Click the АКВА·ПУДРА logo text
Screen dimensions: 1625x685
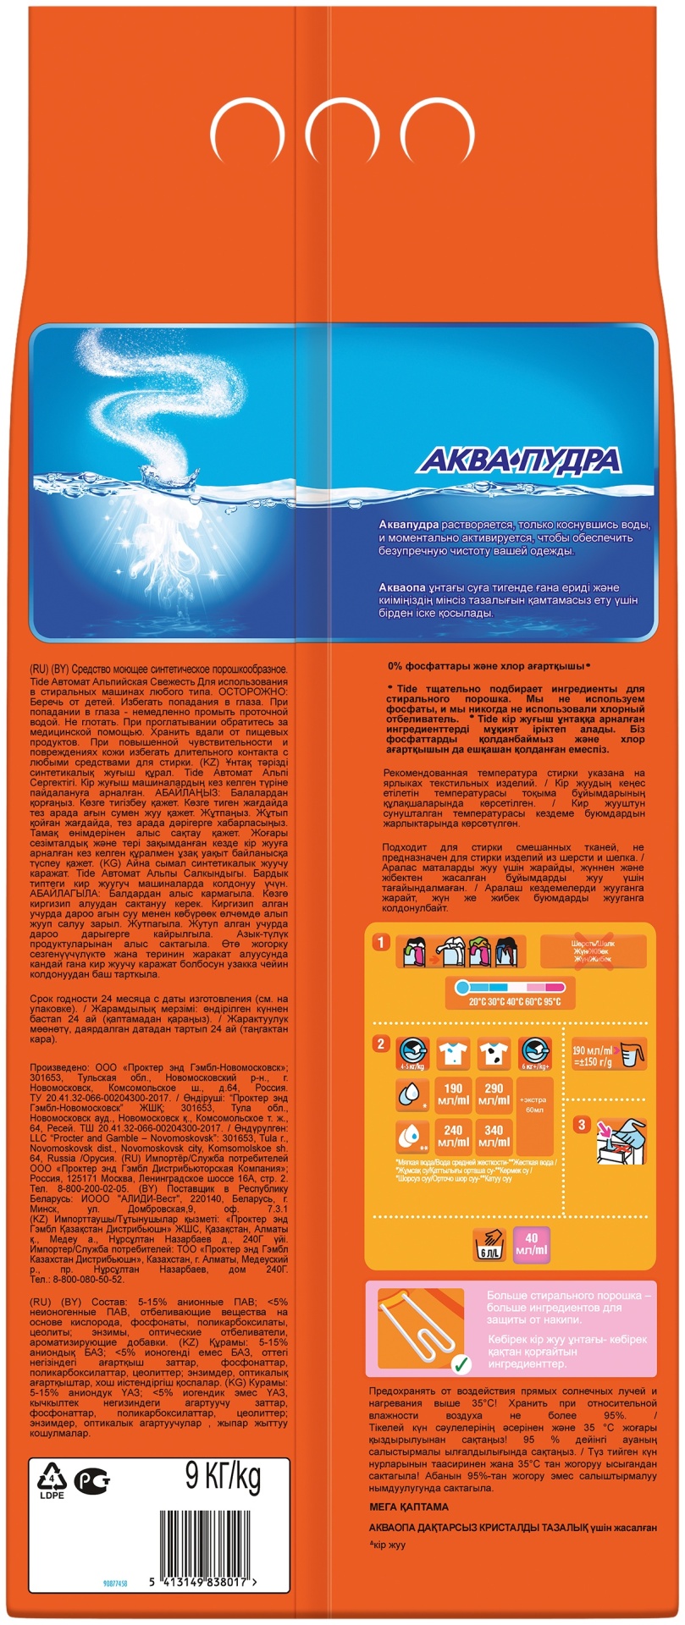[521, 460]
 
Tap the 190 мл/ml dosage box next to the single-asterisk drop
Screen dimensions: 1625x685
[453, 1094]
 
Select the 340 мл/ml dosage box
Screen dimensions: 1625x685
[494, 1136]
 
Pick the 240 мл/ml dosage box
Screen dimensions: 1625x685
[453, 1136]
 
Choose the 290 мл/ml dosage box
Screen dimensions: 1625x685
[494, 1094]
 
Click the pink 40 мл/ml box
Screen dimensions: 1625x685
[531, 1243]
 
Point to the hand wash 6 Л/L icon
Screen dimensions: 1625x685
[489, 1243]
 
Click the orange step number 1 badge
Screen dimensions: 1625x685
[382, 943]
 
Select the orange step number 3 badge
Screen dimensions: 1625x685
[582, 1125]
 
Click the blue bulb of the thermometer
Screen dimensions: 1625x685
[461, 987]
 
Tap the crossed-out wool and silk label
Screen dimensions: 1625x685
[593, 951]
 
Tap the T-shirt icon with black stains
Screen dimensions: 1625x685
[494, 1053]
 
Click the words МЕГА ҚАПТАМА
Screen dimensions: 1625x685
[409, 1507]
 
